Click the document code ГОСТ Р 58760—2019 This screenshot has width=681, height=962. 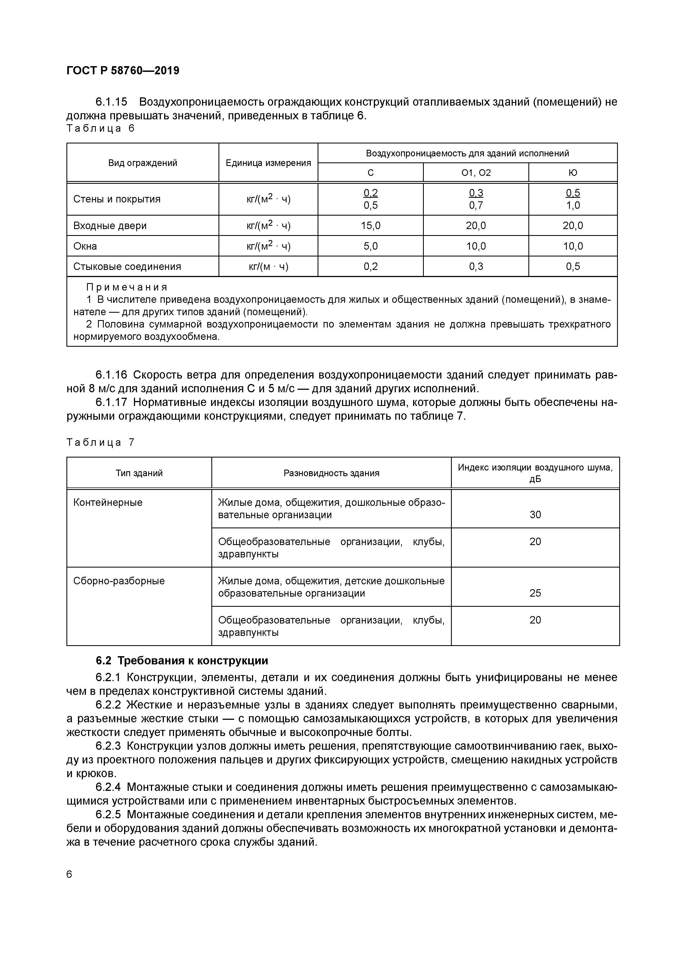click(123, 70)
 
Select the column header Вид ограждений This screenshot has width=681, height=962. click(142, 163)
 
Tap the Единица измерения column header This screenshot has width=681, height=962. click(268, 163)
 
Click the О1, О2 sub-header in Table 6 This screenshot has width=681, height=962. click(476, 173)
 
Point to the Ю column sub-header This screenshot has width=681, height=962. click(573, 173)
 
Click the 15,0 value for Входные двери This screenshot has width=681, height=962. click(371, 226)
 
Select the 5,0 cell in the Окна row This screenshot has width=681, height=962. click(371, 246)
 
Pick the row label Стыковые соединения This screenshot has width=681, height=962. click(127, 266)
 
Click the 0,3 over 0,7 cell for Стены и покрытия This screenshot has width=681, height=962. click(476, 199)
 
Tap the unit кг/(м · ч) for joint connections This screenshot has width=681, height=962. click(268, 266)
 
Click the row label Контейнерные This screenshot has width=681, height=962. click(108, 502)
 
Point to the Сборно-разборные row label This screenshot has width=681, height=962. click(119, 581)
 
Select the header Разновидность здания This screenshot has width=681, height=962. click(331, 473)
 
